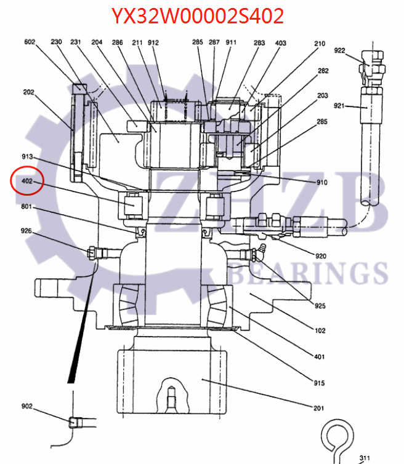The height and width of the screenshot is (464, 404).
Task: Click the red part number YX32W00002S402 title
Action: click(x=198, y=16)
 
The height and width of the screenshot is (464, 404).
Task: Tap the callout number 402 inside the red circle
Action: click(x=26, y=182)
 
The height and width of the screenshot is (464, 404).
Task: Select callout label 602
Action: click(x=30, y=42)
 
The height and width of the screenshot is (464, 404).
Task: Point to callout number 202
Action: click(x=28, y=93)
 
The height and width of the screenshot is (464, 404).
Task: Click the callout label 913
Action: click(x=28, y=158)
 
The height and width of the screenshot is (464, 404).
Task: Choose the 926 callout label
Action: click(x=26, y=231)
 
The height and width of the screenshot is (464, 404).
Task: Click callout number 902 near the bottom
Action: click(x=26, y=407)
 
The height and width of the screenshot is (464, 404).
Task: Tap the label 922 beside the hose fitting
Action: click(x=339, y=50)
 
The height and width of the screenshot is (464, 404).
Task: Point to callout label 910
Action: click(x=321, y=183)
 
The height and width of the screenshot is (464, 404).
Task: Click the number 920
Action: click(x=320, y=256)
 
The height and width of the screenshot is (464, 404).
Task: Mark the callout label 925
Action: click(x=320, y=306)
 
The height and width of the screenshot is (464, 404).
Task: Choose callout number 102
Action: click(x=320, y=331)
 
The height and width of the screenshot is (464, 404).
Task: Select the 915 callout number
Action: click(x=318, y=383)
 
